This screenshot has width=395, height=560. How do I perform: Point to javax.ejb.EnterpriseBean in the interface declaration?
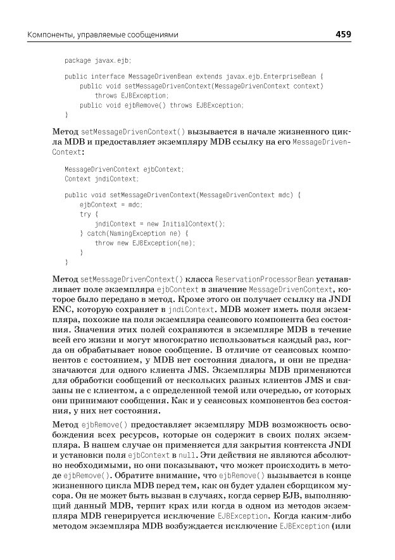280,77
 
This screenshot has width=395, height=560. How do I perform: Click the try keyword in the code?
85,214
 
